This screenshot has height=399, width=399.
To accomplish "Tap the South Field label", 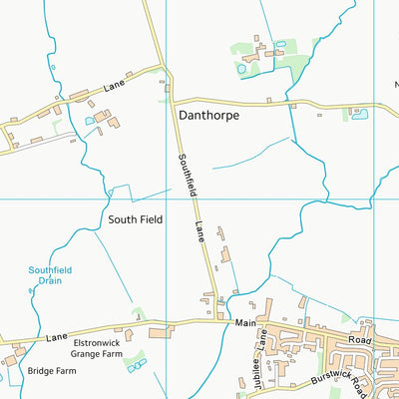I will pos(136,218).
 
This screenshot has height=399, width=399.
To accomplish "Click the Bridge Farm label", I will pos(52,371).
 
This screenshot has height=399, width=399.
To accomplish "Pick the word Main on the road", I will pos(246,323).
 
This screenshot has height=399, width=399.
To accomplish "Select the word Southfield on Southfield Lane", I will pos(186,178).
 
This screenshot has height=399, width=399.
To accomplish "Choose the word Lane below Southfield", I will pos(199,235).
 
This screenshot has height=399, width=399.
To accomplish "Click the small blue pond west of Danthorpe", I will pos(91,121).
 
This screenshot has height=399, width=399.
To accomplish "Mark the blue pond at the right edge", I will pos(360,114).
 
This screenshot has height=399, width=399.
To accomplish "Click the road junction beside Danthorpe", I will pos(169,100).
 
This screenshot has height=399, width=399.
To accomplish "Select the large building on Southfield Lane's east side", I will pos(223,254).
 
